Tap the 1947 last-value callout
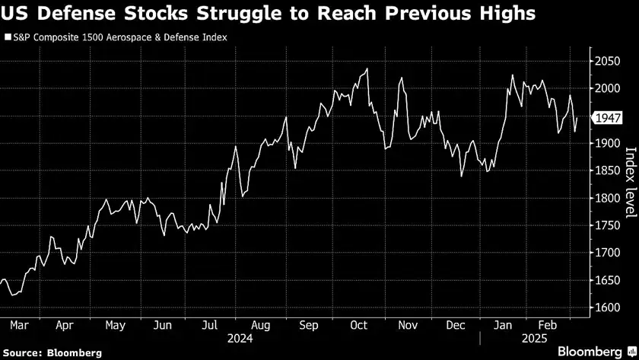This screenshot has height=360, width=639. tap(609, 118)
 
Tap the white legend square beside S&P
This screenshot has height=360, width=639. tap(8, 37)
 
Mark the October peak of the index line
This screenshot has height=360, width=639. tap(367, 69)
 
